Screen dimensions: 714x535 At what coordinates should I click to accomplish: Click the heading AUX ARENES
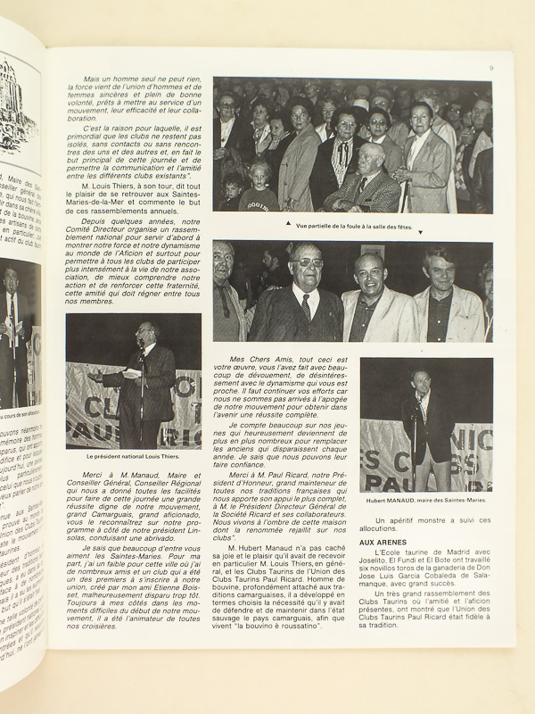click(383, 541)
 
